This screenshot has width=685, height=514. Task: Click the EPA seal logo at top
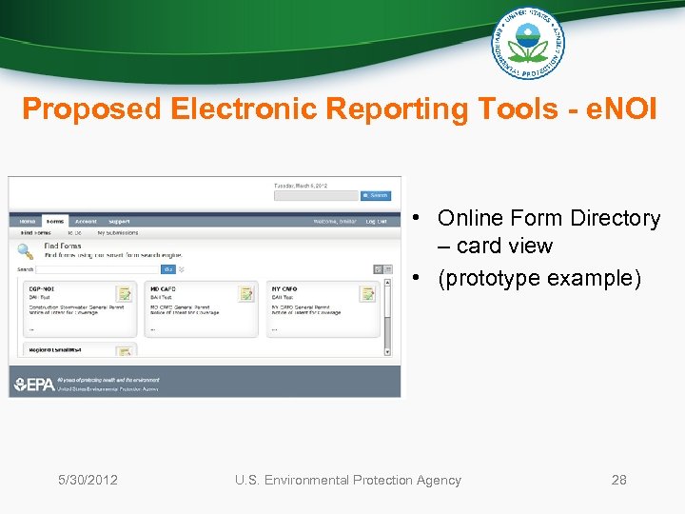(527, 42)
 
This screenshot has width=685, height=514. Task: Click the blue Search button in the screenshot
(376, 195)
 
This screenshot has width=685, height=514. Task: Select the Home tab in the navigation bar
(28, 221)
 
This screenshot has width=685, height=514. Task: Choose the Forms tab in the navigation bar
(55, 221)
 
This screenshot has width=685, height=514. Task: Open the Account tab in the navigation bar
(86, 221)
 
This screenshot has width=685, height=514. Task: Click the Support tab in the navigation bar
(119, 221)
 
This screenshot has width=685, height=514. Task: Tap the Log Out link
(377, 221)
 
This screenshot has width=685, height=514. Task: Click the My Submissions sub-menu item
(118, 232)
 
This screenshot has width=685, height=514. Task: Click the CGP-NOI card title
(42, 288)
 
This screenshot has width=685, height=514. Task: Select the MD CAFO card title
(163, 288)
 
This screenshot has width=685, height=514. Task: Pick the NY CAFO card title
(284, 288)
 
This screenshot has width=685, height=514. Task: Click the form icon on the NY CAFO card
(368, 293)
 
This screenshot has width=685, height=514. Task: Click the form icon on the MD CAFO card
(246, 293)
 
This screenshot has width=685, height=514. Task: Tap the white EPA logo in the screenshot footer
(33, 385)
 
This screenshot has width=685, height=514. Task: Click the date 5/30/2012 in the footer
(88, 480)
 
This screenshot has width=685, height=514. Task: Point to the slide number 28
(618, 480)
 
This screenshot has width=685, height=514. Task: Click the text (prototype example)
(539, 278)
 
